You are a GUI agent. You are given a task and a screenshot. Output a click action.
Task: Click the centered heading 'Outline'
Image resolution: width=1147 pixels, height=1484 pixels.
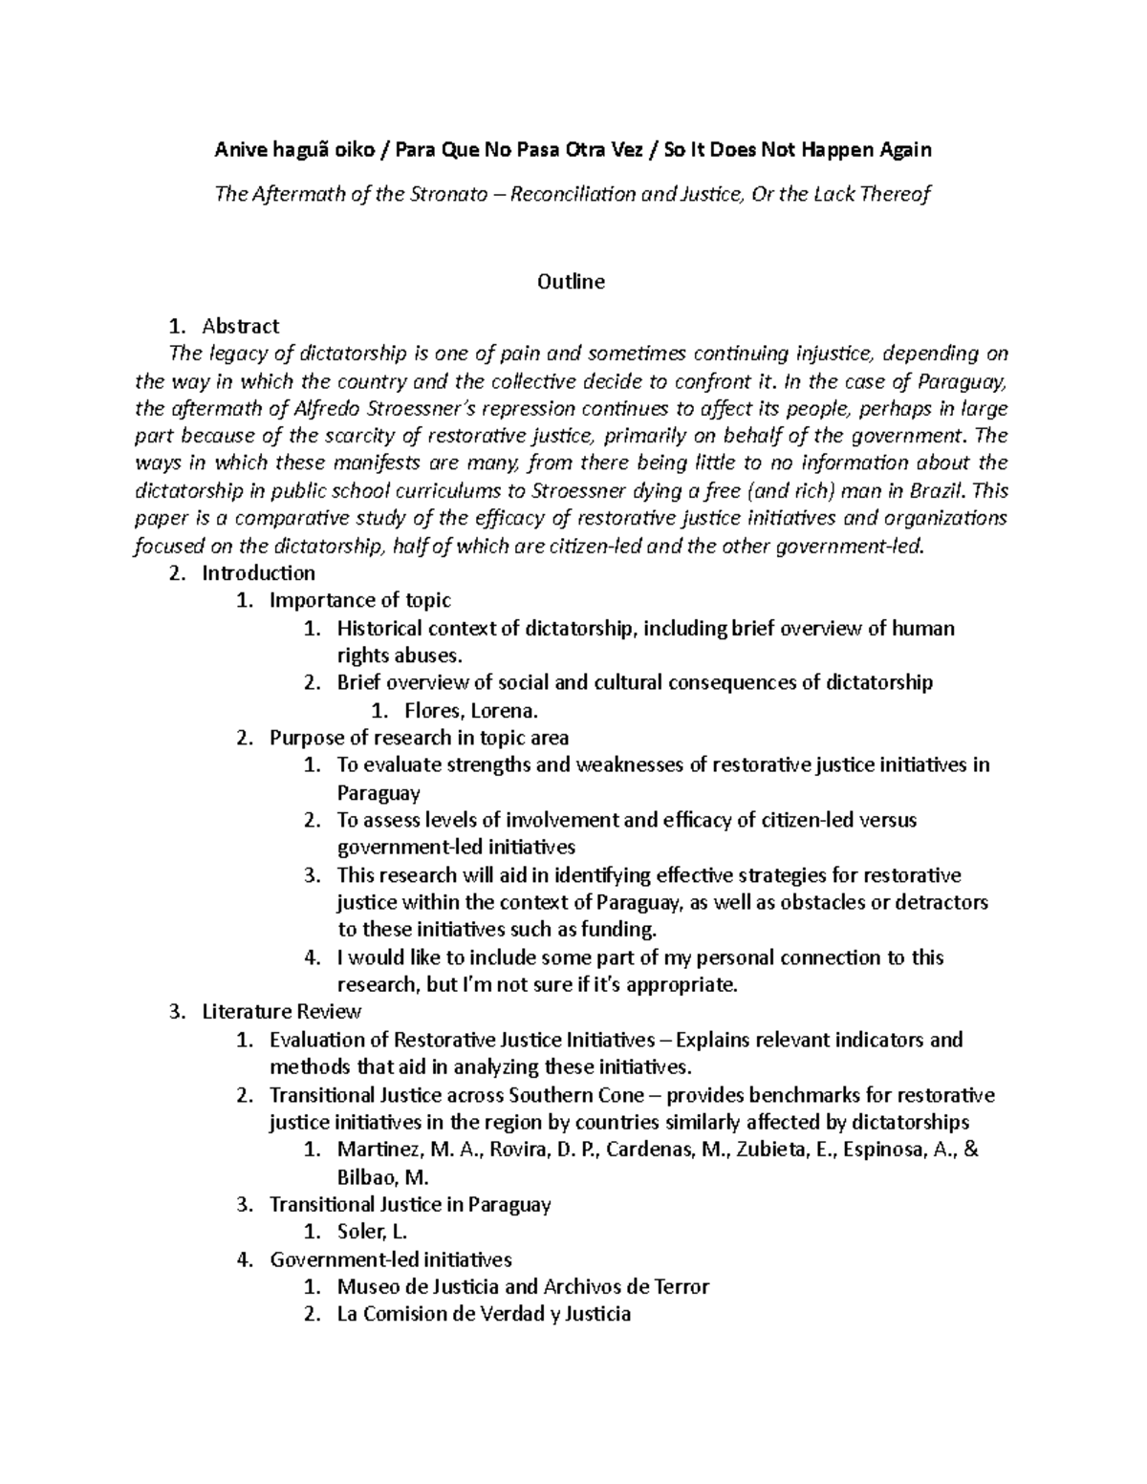point(571,282)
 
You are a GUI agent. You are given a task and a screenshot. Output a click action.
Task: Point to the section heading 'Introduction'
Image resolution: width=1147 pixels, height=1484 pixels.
point(258,573)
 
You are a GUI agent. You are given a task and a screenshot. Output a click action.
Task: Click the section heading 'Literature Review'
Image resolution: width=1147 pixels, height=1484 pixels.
point(281,1012)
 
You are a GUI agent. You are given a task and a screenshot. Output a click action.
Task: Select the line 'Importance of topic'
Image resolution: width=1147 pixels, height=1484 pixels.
point(360,601)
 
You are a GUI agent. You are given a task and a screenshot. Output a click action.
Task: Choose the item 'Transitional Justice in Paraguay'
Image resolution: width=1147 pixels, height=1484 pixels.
point(410,1205)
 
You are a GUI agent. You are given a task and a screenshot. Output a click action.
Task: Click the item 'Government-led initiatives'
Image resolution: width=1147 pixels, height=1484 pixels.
point(391,1259)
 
